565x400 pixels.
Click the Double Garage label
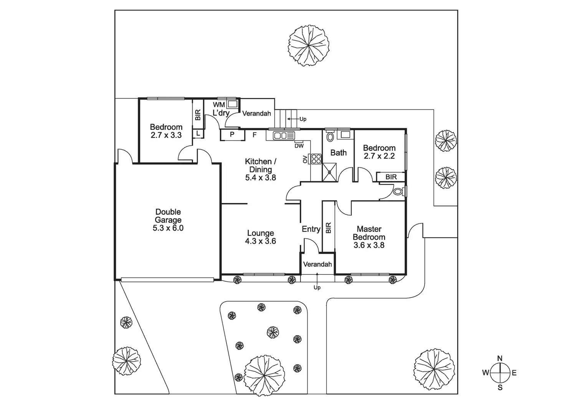168,220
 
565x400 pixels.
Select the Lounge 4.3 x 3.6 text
261,237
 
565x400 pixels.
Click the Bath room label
339,153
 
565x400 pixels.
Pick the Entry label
311,229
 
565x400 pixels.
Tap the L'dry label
221,113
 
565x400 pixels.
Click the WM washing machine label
219,105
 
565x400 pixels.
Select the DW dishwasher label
299,146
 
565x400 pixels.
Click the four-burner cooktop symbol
316,159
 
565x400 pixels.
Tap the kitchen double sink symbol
284,135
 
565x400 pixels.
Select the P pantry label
232,135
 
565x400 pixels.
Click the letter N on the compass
500,359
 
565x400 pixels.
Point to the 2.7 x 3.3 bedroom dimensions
166,135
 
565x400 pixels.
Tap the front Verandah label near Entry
317,264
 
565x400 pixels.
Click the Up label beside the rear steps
303,119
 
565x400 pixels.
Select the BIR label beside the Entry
328,228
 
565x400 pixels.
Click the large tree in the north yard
309,45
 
